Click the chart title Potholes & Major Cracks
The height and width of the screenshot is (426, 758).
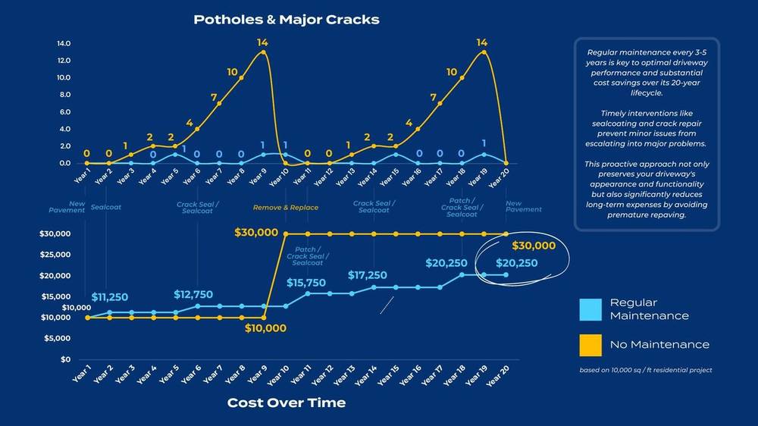click(x=287, y=20)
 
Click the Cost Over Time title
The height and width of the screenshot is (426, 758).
click(x=287, y=403)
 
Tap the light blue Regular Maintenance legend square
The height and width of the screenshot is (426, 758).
click(x=590, y=309)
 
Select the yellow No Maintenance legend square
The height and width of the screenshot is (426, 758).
click(x=590, y=345)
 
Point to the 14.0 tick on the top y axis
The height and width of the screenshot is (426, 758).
click(x=64, y=43)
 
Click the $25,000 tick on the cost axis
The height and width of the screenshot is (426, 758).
click(x=55, y=255)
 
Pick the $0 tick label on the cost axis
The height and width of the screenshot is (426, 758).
click(x=65, y=359)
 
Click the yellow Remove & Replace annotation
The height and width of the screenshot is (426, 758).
click(x=286, y=208)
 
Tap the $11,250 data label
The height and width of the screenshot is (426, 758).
click(x=110, y=297)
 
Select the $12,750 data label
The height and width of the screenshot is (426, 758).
click(x=193, y=294)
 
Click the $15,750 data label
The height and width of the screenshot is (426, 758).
click(x=306, y=283)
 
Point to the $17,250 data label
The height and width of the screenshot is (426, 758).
click(x=368, y=275)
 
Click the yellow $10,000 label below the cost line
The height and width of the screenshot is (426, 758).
click(x=265, y=328)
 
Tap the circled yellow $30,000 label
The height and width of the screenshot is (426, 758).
click(x=534, y=246)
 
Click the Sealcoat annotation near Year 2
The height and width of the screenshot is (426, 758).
click(x=106, y=207)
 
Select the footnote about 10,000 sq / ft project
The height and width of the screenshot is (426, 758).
click(x=645, y=370)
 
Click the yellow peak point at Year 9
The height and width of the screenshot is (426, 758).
click(x=263, y=52)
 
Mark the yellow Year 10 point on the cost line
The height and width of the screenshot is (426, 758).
click(x=286, y=234)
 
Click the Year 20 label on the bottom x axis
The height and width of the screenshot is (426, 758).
click(x=498, y=376)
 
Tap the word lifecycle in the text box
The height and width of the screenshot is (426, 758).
click(x=647, y=92)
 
